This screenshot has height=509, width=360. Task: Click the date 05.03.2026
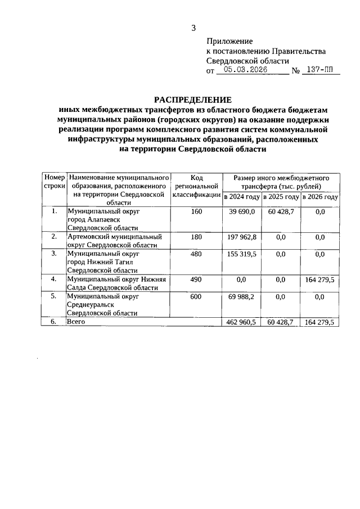[244, 70]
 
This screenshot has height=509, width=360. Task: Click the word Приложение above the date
[229, 41]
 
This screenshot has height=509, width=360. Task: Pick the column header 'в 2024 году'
[242, 197]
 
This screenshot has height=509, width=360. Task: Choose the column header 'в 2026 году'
[319, 197]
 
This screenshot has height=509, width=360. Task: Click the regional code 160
[196, 211]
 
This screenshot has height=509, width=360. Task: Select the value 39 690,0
[242, 211]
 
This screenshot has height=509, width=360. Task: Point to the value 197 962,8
[242, 237]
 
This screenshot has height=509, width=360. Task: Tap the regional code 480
[196, 254]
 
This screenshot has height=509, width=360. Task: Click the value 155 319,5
[242, 254]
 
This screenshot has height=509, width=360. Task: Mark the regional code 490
[196, 279]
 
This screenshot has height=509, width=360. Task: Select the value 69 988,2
[242, 296]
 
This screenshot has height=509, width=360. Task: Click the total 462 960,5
[242, 322]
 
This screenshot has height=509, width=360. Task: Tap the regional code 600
[196, 296]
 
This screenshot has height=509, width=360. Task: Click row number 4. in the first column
[54, 279]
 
